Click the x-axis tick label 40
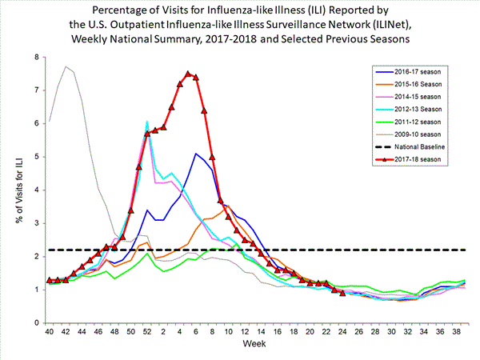[x=50, y=332]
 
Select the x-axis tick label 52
[x=147, y=332]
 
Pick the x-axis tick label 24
[x=343, y=332]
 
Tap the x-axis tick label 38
[x=457, y=332]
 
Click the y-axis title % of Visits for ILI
[x=14, y=190]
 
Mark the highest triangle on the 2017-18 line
[x=188, y=74]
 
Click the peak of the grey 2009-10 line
[x=66, y=66]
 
